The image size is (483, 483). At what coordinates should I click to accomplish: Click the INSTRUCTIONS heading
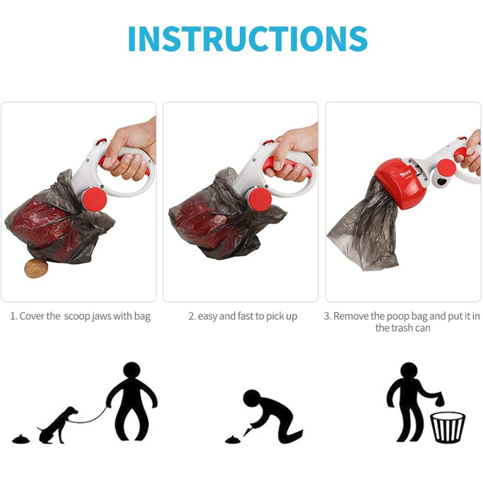tap(248, 39)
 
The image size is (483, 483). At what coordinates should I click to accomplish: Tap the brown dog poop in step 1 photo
tap(37, 268)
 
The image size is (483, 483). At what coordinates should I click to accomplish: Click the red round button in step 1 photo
tap(95, 200)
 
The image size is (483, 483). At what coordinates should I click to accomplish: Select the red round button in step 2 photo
tap(260, 200)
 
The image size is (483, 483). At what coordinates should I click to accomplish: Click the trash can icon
tap(447, 427)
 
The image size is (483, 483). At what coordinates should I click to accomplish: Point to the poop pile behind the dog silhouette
tap(21, 439)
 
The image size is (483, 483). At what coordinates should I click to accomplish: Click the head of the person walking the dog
tap(132, 371)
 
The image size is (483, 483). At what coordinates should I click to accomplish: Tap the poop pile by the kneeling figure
tap(234, 439)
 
